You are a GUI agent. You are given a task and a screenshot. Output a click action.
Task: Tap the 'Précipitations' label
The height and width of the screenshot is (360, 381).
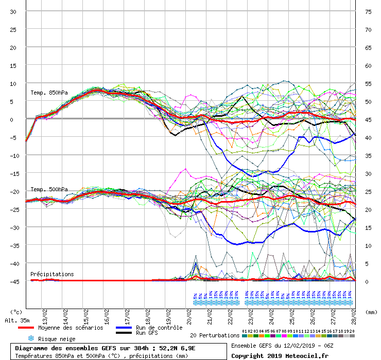pos(52,274)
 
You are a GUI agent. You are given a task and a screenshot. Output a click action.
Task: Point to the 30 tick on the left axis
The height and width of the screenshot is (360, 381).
pos(13,12)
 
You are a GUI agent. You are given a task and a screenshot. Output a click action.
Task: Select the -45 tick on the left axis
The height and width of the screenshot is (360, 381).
pos(12,281)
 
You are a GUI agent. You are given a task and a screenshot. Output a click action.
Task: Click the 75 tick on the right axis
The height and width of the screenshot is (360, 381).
pos(368,12)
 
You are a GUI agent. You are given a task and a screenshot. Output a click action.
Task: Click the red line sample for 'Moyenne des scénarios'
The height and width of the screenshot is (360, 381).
pos(26,328)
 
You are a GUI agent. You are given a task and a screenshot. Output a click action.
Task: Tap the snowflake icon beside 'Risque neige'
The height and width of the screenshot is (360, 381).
pos(30,339)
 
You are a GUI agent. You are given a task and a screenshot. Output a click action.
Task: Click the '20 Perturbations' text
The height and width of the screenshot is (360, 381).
pos(215,335)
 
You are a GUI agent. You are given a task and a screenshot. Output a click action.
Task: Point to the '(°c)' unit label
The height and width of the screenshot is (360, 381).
pos(16,312)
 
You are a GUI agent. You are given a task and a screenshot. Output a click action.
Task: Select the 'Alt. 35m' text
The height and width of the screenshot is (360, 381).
pos(17,320)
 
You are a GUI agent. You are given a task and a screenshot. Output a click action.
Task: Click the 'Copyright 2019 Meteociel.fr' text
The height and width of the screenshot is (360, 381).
pos(279,356)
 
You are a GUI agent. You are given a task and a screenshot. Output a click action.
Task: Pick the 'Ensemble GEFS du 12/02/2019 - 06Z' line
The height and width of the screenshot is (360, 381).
pos(282,346)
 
